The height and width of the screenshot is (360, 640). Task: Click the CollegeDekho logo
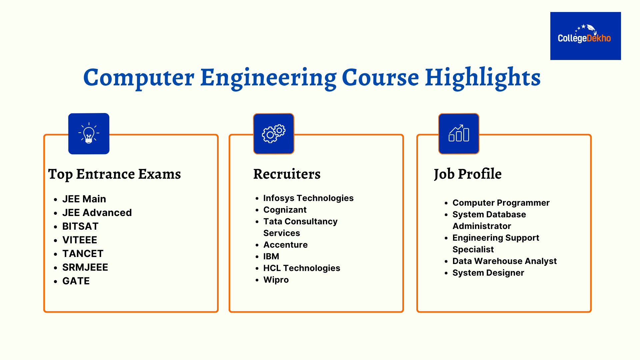point(585,36)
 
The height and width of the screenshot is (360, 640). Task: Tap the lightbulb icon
point(89,134)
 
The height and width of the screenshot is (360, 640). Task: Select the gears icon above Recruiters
point(274,134)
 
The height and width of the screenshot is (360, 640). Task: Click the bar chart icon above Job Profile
point(459,134)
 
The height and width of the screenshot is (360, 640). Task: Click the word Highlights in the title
point(483,78)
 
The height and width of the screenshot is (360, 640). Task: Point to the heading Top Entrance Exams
point(114,174)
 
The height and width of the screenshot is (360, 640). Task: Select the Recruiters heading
point(287,174)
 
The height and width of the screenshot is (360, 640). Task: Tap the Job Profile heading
point(467,174)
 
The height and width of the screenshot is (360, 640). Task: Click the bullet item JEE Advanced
point(97,213)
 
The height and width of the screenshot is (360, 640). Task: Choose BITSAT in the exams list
point(80,226)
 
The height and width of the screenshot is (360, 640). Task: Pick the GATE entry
point(76,281)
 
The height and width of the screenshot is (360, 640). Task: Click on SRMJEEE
point(85,267)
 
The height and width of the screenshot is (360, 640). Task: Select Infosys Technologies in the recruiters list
point(308,198)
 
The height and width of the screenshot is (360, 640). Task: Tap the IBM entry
point(271,256)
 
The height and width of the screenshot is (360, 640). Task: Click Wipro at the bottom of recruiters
point(276,280)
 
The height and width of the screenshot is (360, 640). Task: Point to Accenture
point(285,245)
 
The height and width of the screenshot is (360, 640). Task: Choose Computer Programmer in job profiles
point(501,203)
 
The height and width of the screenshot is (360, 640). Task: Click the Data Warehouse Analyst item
point(504,261)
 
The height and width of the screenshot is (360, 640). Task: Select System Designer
point(488,273)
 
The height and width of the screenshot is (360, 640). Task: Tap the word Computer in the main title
point(139,78)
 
